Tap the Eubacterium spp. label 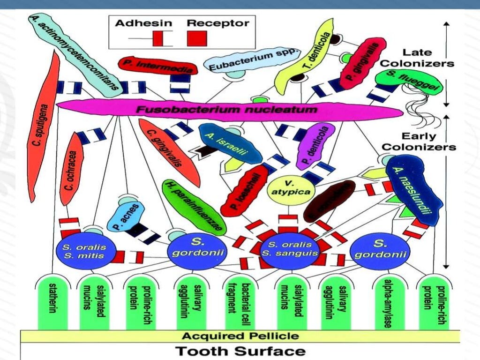coord(253,61)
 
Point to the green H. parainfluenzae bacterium coord(194,206)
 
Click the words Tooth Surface coord(240,351)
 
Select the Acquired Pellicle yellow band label coord(240,336)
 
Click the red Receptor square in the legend coord(197,37)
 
